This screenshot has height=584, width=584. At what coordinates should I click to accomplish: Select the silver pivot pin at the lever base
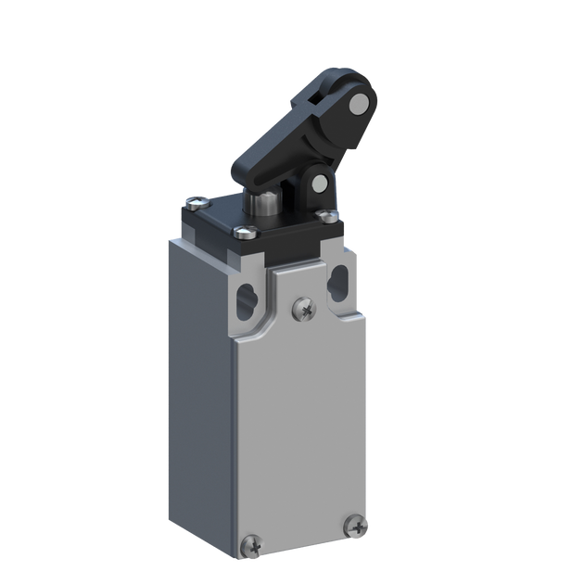(x=320, y=182)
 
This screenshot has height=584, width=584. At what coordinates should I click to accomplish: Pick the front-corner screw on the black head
(x=243, y=233)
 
